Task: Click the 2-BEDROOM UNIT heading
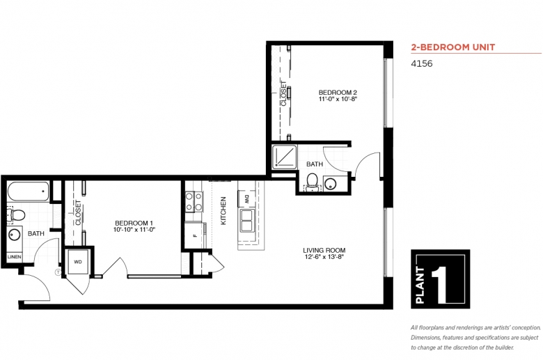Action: (x=453, y=47)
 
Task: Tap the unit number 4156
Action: (x=421, y=64)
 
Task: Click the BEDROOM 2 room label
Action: (x=338, y=93)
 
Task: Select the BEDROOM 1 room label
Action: (x=134, y=223)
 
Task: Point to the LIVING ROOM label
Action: (x=324, y=250)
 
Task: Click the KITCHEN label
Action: (x=223, y=211)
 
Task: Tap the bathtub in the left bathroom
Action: (x=28, y=191)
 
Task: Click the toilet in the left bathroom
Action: (x=16, y=216)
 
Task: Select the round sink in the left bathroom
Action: (x=14, y=235)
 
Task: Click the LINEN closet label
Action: (x=14, y=257)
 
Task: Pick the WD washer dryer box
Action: (x=78, y=262)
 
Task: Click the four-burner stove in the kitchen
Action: (x=194, y=202)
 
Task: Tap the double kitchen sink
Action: (x=247, y=220)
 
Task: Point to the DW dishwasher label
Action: (x=247, y=199)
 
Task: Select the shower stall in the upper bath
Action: (x=284, y=157)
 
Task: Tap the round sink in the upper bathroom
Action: (x=331, y=184)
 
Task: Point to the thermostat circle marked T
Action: (x=58, y=272)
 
